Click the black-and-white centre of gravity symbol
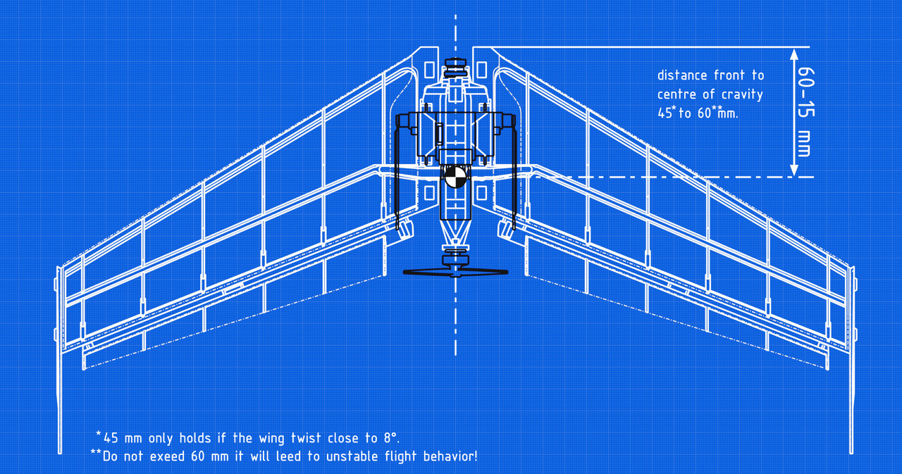click(455, 177)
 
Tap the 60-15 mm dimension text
click(803, 112)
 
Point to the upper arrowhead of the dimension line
click(793, 54)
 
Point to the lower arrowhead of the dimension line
click(793, 170)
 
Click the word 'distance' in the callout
click(682, 75)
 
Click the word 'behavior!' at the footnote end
click(448, 456)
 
